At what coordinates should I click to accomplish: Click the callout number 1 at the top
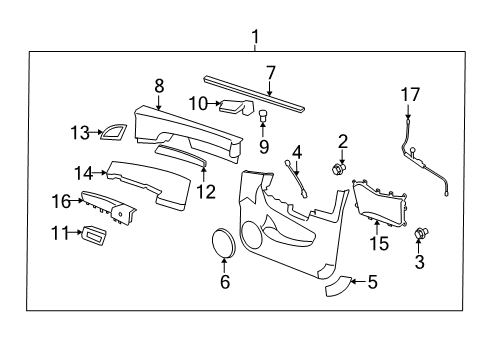pyautogui.click(x=255, y=38)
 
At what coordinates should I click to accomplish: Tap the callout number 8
pyautogui.click(x=159, y=87)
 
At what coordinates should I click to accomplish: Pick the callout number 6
pyautogui.click(x=224, y=283)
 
